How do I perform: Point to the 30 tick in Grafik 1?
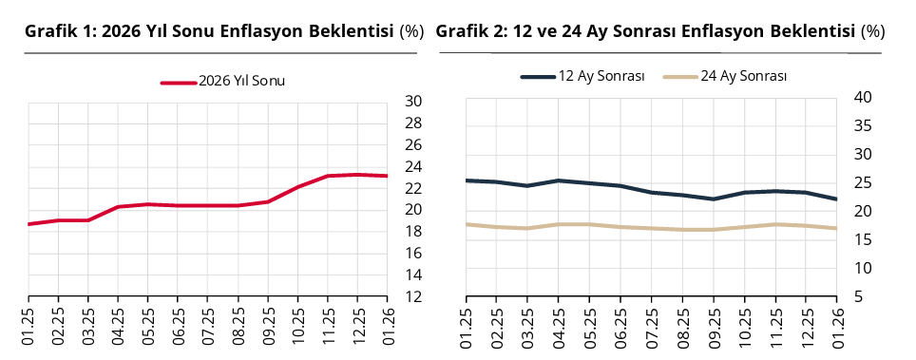[x=413, y=102]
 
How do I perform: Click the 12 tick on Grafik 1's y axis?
[x=413, y=296]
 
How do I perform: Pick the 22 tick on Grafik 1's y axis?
[x=413, y=188]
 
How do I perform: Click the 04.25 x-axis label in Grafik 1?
[x=118, y=325]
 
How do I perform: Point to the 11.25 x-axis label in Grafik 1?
[x=327, y=325]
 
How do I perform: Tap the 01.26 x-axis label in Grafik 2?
[x=836, y=325]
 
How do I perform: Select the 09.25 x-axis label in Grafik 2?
[x=713, y=325]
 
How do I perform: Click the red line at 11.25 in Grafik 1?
[x=327, y=176]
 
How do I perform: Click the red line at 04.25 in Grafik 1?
[x=118, y=207]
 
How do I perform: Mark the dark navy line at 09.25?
[x=713, y=199]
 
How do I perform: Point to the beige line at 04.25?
[x=559, y=224]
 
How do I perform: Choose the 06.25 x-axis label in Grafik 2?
[x=620, y=325]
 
